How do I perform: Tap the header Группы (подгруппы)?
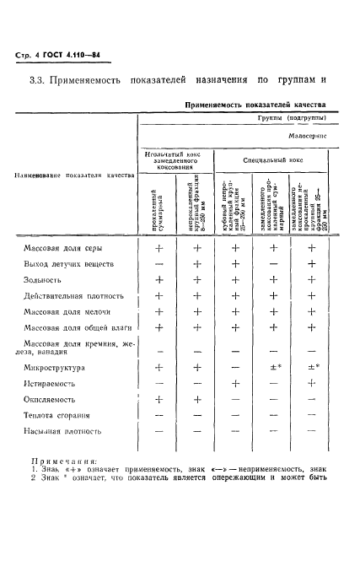294,119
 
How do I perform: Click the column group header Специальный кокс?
272,159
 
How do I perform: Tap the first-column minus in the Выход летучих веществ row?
159,263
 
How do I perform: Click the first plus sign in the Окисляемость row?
159,399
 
